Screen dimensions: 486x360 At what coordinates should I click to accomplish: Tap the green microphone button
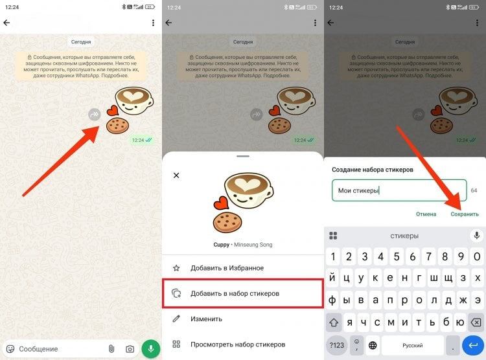(150, 348)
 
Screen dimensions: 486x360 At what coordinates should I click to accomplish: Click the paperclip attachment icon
(111, 349)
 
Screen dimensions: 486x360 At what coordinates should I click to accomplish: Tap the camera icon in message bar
(130, 349)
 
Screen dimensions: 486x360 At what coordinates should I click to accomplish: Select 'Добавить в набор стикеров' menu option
(235, 293)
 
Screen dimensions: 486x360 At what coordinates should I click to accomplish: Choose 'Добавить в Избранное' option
(227, 268)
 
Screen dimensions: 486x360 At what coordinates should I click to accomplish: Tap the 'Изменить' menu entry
(206, 319)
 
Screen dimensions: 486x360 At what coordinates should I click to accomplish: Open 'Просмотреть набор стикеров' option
(238, 344)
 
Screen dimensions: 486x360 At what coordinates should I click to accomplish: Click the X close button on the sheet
(176, 175)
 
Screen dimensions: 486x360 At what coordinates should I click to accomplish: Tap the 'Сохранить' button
(465, 214)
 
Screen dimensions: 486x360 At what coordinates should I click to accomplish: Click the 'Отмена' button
(426, 214)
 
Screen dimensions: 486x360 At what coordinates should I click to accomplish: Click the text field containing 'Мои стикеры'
(399, 190)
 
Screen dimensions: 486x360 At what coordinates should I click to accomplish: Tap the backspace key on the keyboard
(476, 322)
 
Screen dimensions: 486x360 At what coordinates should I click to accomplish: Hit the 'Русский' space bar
(413, 345)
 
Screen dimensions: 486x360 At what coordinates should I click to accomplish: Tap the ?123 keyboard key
(336, 345)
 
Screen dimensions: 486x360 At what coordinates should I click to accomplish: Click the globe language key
(373, 345)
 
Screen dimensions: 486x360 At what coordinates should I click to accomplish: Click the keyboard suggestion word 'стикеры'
(404, 236)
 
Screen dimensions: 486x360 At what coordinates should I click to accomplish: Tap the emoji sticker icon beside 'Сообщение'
(10, 349)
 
